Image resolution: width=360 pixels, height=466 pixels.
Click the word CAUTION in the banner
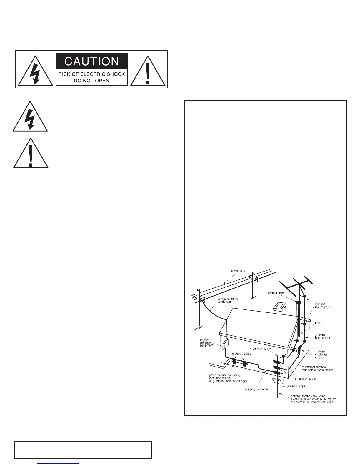91,61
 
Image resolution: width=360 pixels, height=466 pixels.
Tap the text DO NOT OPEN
91,81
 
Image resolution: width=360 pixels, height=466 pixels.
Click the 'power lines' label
237,271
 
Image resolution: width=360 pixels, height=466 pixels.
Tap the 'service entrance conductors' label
228,300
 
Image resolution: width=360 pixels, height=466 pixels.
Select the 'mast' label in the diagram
318,323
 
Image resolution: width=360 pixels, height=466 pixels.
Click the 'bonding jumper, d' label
256,390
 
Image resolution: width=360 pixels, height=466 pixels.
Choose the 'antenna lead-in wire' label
322,336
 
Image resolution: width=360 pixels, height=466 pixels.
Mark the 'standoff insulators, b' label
323,306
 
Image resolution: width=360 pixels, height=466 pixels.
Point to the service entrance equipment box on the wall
225,343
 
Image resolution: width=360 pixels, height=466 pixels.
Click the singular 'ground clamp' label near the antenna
276,293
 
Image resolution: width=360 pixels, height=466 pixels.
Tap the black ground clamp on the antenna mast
299,302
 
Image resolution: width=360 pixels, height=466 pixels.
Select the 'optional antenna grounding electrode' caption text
313,399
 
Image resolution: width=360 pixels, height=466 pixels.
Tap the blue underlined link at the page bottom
59,464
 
